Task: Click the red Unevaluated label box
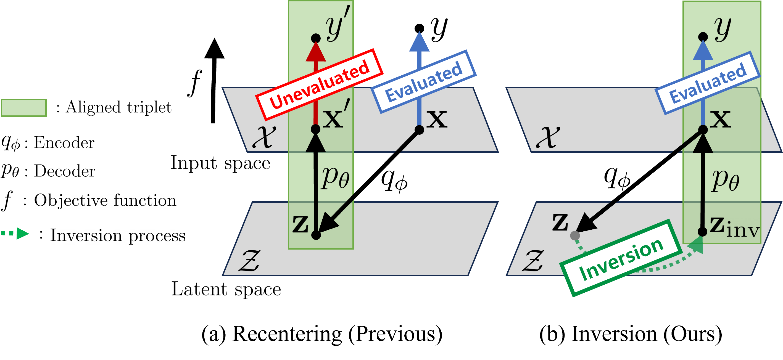tap(319, 84)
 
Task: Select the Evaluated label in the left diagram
tap(423, 81)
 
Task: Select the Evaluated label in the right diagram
tap(708, 83)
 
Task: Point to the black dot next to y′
tap(316, 38)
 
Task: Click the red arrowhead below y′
tap(316, 52)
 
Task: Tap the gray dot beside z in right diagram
tap(575, 235)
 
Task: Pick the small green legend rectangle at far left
tap(24, 108)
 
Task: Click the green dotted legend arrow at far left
tap(15, 233)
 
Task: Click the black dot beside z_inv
tap(702, 232)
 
